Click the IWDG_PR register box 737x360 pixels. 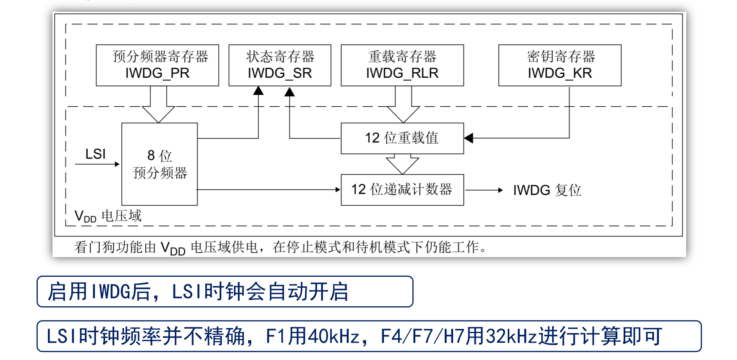click(x=157, y=65)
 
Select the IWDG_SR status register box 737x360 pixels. click(x=280, y=65)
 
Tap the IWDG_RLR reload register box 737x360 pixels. click(x=402, y=65)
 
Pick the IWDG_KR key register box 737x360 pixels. click(x=559, y=65)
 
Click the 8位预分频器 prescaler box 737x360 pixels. click(x=159, y=164)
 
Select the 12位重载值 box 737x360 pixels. click(x=402, y=138)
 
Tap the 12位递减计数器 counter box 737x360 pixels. click(x=402, y=190)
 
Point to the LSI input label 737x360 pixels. click(x=95, y=154)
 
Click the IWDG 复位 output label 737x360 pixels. click(x=547, y=190)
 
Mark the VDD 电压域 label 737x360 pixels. click(x=108, y=216)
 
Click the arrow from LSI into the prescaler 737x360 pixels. click(x=97, y=164)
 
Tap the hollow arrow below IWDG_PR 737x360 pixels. click(x=158, y=105)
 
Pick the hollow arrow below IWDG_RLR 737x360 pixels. click(x=403, y=105)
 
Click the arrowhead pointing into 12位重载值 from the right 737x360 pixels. click(x=469, y=138)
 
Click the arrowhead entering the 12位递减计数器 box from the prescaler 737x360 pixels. click(x=337, y=190)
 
